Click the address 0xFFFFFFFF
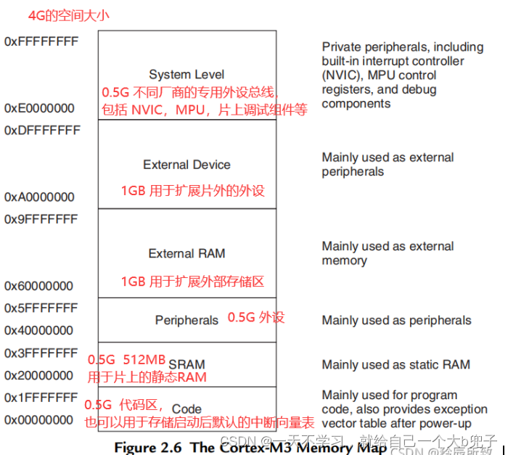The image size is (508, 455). pos(41,41)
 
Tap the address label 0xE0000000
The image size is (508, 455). pos(39,108)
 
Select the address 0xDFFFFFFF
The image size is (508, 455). pos(41,131)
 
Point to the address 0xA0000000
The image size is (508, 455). pos(39,197)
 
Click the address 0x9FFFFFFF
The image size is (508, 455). pos(41,219)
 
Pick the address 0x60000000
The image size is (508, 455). pos(39,286)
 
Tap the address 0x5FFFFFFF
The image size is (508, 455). pos(41,308)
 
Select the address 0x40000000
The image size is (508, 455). pos(39,330)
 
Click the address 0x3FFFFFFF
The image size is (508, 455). pos(41,353)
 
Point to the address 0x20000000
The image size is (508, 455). pos(39,375)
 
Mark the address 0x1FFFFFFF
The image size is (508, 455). pos(41,398)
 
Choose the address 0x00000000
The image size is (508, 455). pos(39,420)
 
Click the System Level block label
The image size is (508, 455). pos(187,74)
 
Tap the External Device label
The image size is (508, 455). pos(187,165)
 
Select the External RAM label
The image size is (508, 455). pos(187,253)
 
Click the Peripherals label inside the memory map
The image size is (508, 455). pos(187,320)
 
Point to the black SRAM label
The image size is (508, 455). pos(187,364)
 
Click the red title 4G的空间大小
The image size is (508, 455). pos(69,15)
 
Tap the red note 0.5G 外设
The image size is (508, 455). pos(256,317)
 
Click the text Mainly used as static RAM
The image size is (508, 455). pos(396,364)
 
